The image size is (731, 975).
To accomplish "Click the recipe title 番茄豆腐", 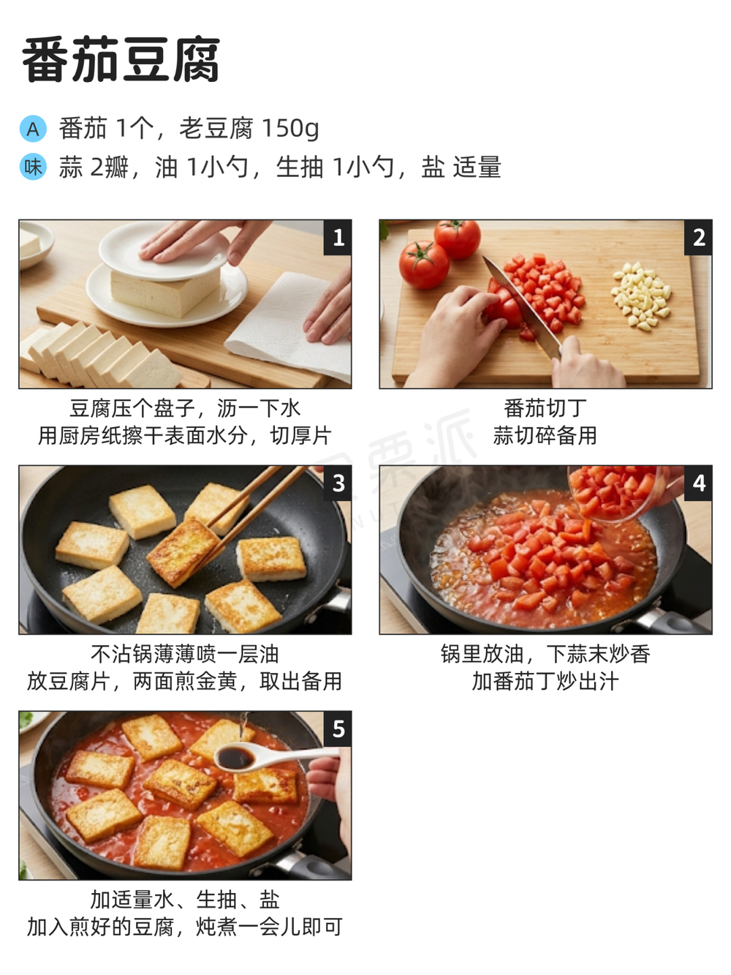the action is coord(121,60).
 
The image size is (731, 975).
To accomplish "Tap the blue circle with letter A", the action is coord(33,129).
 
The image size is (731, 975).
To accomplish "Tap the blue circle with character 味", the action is coord(33,167).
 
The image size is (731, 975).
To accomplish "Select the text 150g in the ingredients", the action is coord(290,129).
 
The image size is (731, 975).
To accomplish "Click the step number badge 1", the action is coord(338,237).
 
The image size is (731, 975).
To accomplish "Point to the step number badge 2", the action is coord(698,237).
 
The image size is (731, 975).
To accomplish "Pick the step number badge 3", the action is coord(338,483).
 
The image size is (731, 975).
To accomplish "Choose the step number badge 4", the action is coord(698,483).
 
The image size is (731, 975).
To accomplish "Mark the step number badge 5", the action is coord(338,729).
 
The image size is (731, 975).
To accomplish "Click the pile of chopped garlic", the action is coord(640,295).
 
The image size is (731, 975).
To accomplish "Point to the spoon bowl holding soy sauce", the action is coord(236,758).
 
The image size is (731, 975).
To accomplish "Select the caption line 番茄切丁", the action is coord(545,408).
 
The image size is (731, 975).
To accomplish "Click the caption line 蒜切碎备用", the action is coord(545,435).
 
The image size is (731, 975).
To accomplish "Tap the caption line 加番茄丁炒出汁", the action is coord(545,681).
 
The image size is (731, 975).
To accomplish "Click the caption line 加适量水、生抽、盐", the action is coord(185,900).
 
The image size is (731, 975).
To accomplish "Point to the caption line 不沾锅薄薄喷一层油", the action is coord(185,654).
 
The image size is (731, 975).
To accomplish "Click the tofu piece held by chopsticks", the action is coord(183,552).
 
